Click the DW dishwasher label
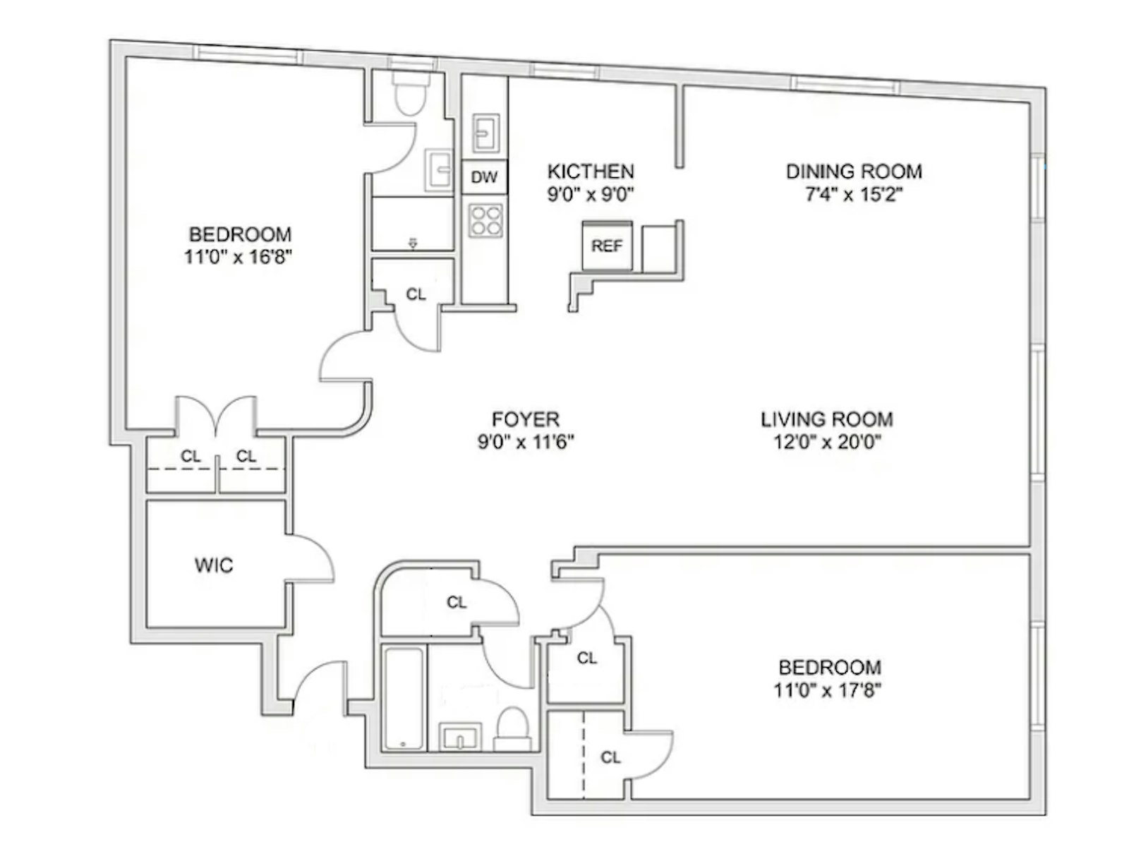[484, 177]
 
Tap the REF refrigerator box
[607, 245]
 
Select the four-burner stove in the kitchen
[485, 221]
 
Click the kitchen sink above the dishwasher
[485, 133]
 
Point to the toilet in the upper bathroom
[411, 92]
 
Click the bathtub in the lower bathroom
[404, 698]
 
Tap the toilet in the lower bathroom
[512, 728]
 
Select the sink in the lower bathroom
[460, 737]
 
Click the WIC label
[214, 565]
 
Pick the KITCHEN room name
[591, 172]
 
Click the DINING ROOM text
[854, 172]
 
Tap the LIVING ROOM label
[827, 419]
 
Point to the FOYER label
[525, 419]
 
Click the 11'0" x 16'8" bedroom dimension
[239, 257]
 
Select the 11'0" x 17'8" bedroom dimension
[828, 690]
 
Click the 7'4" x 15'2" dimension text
[854, 195]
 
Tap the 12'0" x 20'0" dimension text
[828, 442]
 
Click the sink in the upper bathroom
[439, 170]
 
